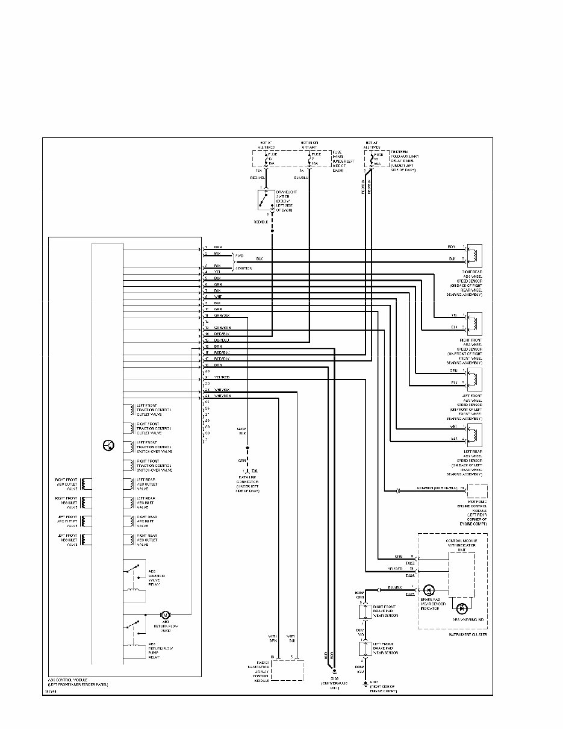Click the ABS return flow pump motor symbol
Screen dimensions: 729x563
(166, 615)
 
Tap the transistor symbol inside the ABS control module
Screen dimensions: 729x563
(108, 445)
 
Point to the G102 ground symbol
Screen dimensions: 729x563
(365, 683)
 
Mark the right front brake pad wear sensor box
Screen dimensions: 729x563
(364, 612)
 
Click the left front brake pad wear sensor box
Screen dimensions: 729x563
(364, 649)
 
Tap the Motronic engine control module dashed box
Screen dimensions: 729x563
(477, 491)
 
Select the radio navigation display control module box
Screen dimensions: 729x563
(287, 670)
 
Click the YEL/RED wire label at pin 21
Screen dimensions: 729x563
(222, 377)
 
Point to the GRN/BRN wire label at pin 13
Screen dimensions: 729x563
(222, 327)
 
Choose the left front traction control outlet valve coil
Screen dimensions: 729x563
(129, 410)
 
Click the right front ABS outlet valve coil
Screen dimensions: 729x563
(87, 484)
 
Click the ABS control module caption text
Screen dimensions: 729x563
(77, 683)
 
